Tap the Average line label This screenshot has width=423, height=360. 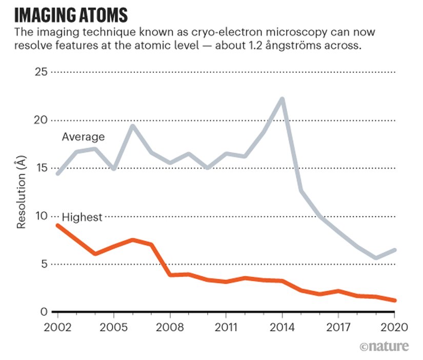point(83,137)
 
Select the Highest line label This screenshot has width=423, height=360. point(82,217)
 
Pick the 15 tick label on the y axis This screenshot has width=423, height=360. point(41,168)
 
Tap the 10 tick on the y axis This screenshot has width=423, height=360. point(41,216)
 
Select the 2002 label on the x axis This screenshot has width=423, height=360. point(57,327)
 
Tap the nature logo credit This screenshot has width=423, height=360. point(385,346)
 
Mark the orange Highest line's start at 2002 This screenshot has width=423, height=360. point(57,225)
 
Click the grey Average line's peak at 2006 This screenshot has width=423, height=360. point(132,126)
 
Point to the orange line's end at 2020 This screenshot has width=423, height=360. point(394,301)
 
